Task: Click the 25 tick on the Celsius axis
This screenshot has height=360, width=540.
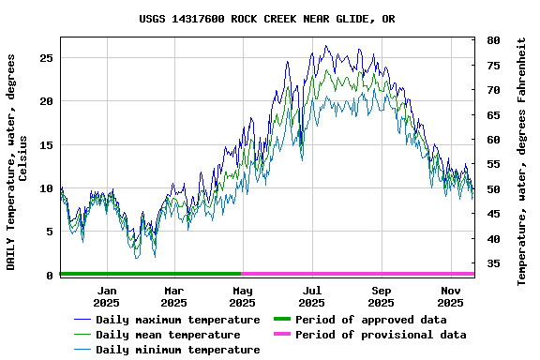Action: tap(47, 57)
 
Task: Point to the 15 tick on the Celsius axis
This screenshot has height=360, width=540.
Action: tap(47, 144)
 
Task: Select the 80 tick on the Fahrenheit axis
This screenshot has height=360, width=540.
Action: tap(492, 40)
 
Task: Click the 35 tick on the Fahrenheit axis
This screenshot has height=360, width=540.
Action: tap(492, 263)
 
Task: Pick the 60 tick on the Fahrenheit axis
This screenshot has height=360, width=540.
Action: tap(492, 140)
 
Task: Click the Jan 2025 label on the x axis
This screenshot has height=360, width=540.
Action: tap(106, 296)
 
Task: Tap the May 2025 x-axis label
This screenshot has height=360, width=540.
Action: tap(243, 296)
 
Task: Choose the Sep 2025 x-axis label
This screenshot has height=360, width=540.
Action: tap(381, 296)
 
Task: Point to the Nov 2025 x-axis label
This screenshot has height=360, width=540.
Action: tap(450, 296)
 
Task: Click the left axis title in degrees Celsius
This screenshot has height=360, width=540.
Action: tap(17, 161)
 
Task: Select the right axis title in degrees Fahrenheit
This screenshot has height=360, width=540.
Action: tap(522, 161)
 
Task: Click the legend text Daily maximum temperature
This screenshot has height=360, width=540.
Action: tap(177, 320)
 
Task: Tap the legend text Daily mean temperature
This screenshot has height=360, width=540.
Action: tap(167, 335)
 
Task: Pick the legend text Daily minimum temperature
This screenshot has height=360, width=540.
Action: tap(177, 350)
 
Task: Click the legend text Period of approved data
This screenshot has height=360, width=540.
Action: tap(370, 320)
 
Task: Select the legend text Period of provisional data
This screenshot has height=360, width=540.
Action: tap(380, 335)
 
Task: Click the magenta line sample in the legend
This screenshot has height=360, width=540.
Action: tap(281, 335)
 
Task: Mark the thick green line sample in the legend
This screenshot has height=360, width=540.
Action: tap(281, 320)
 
